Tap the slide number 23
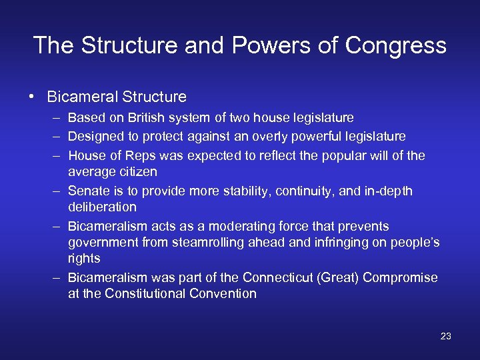tap(446, 336)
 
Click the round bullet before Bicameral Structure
tap(32, 97)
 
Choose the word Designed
tap(95, 137)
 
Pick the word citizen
tap(135, 171)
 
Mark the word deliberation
tap(102, 207)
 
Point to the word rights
tap(84, 258)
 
